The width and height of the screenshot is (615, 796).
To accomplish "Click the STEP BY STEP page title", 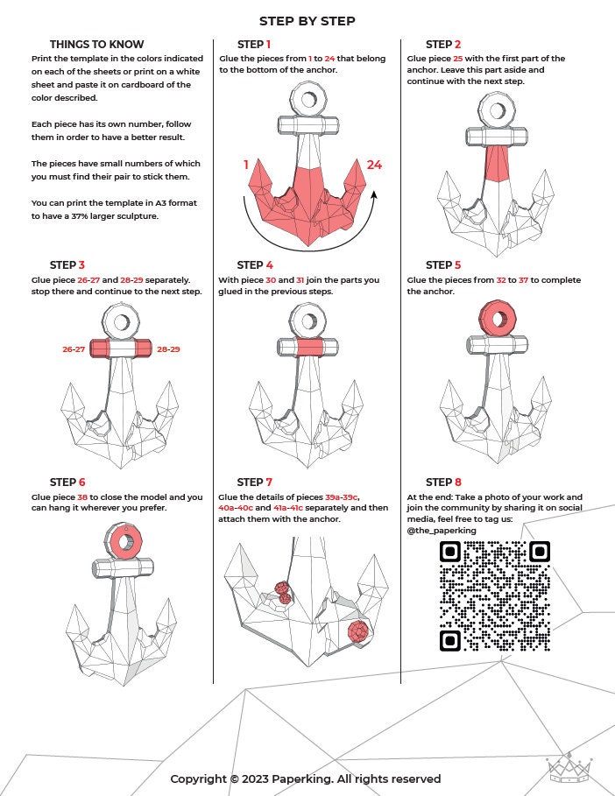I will [307, 21].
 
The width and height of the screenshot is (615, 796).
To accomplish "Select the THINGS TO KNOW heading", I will [96, 45].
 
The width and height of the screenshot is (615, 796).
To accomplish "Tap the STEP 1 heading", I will [254, 45].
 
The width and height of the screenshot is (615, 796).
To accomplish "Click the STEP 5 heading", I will [442, 265].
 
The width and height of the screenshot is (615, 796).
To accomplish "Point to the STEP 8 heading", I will [442, 483].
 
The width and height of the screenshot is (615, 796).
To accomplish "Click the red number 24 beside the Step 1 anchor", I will [374, 165].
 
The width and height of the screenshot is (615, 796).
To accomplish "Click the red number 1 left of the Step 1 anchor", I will [246, 165].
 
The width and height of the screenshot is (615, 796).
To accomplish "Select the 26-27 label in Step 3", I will [74, 349].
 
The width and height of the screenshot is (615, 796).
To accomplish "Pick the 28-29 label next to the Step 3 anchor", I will [168, 349].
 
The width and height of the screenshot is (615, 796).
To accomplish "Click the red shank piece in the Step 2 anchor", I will [497, 163].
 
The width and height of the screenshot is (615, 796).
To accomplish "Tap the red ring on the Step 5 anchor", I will [498, 318].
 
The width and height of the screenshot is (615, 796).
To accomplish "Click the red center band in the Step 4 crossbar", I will [307, 349].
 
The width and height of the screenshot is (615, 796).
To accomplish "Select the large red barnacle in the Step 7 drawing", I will [357, 631].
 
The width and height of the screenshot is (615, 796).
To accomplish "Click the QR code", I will [495, 595].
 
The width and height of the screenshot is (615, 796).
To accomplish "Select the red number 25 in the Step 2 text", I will [457, 59].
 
